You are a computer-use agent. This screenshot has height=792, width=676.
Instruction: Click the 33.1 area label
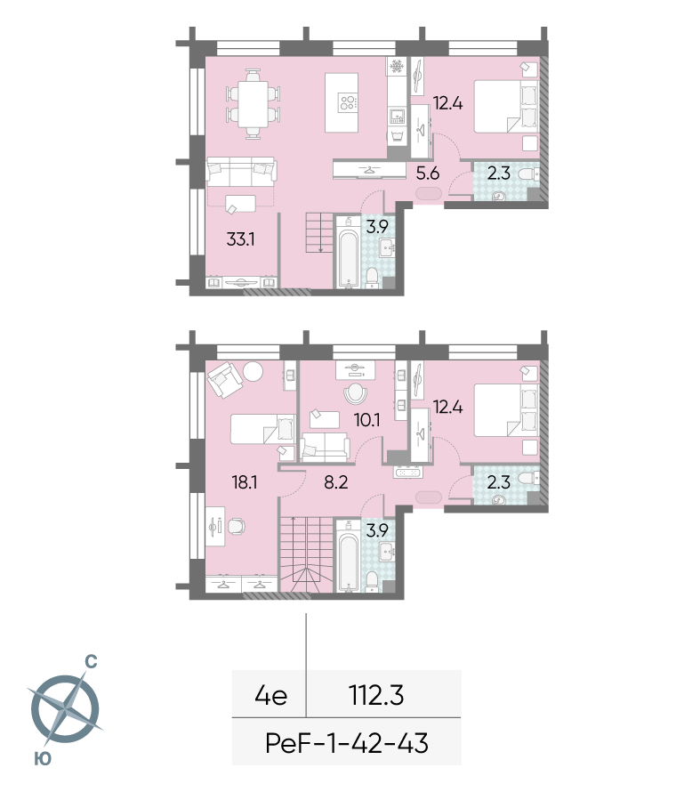pos(240,238)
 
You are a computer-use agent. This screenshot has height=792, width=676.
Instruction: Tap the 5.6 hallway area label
pos(427,174)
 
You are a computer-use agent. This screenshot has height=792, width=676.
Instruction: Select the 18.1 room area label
pos(245,482)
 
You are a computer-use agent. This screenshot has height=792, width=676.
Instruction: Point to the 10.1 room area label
pos(367,420)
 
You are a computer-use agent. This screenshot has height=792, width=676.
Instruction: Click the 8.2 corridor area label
pos(336,482)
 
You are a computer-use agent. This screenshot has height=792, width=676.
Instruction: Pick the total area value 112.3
pos(376,696)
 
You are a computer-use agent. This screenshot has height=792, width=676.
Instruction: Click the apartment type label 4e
pos(271,696)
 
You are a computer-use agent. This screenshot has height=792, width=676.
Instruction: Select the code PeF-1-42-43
pos(347,744)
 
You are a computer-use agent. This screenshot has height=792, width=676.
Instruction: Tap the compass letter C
pos(91,661)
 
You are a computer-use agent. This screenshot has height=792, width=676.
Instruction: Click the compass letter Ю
pos(43,758)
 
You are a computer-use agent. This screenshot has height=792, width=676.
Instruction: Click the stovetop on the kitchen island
pos(348,102)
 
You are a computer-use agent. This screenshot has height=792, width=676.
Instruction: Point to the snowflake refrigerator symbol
pos(397,66)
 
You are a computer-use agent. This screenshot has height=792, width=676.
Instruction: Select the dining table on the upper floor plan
pos(253,104)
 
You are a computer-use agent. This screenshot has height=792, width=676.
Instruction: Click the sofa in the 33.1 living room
pos(241,171)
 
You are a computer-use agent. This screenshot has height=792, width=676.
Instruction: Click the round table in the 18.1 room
pos(253,372)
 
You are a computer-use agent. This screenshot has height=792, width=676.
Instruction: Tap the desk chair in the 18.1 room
pos(237,526)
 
